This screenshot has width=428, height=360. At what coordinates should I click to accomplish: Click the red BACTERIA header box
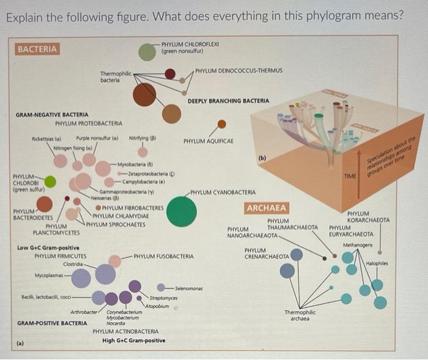[37, 49]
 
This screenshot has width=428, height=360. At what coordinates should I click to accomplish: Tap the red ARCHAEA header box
[267, 208]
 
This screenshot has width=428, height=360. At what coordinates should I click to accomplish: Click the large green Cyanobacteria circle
[182, 211]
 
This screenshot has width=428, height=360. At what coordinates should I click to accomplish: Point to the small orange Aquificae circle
[222, 124]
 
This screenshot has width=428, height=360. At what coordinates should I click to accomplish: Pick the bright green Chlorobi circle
[50, 182]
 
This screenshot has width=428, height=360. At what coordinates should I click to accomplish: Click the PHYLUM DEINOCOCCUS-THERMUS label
[239, 71]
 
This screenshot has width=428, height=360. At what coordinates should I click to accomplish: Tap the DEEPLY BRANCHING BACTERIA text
[227, 100]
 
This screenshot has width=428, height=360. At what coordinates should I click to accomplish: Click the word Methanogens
[357, 245]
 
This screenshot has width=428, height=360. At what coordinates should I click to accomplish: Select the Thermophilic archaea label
[300, 315]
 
